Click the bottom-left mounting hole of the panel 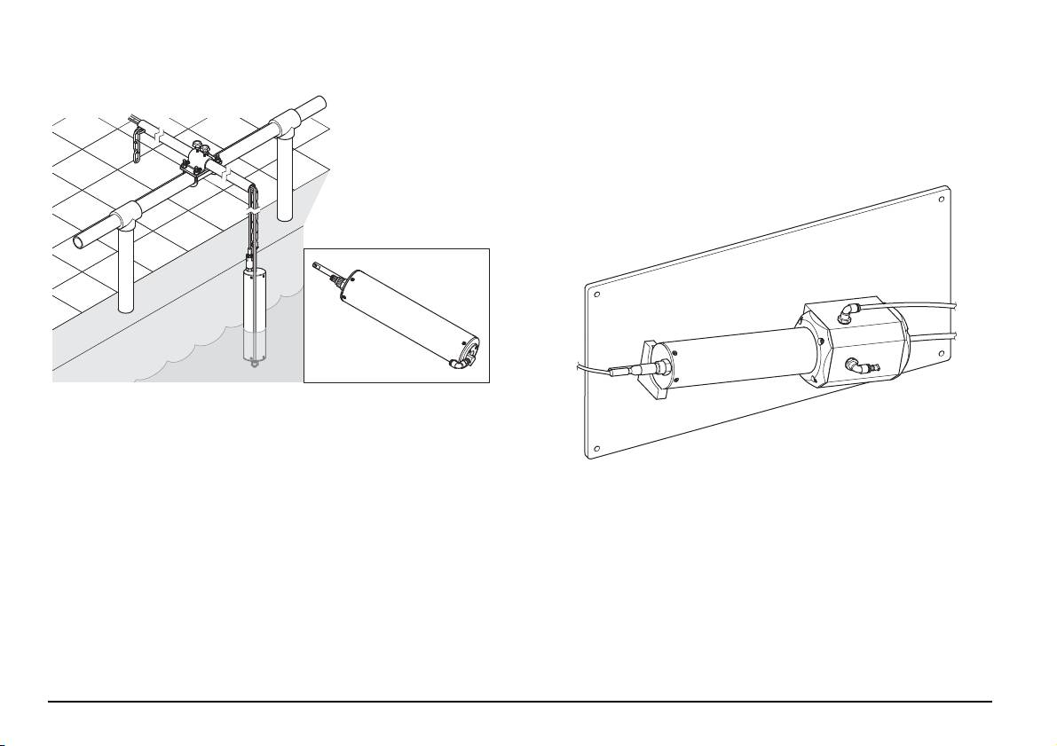click(x=596, y=447)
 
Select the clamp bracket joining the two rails click(x=199, y=165)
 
